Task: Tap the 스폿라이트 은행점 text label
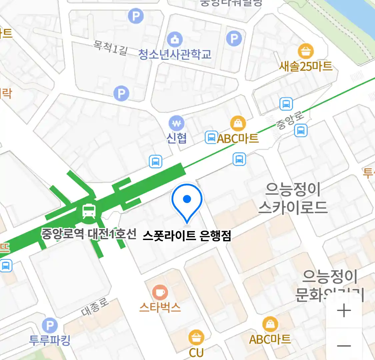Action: click(x=187, y=236)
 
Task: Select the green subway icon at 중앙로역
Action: click(x=89, y=211)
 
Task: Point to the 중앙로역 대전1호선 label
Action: click(x=89, y=234)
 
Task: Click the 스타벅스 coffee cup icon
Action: click(x=160, y=293)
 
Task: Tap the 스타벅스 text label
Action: click(x=160, y=307)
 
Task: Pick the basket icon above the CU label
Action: click(x=196, y=337)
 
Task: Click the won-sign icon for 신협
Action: click(x=176, y=124)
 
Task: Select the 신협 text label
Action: click(x=176, y=138)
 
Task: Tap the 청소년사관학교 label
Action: click(x=175, y=54)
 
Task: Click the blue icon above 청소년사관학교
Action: click(x=175, y=39)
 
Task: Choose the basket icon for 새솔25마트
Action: click(x=306, y=52)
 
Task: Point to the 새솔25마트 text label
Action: click(x=306, y=66)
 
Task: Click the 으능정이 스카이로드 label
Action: click(x=293, y=198)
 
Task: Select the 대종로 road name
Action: click(x=95, y=307)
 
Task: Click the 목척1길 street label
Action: click(x=110, y=48)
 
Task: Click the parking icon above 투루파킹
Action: click(x=50, y=326)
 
